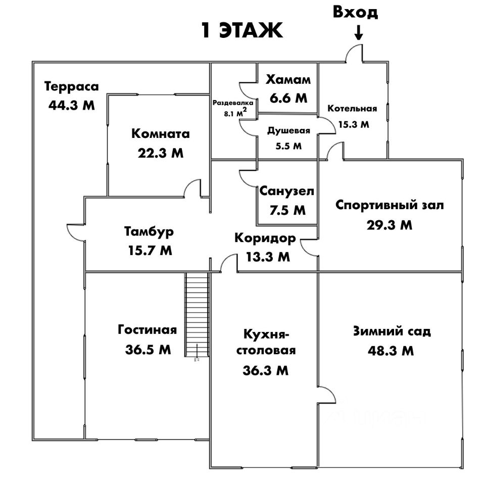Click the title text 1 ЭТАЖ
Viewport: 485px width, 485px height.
241,31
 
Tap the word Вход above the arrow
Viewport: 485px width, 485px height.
355,13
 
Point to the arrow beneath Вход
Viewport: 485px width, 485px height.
358,33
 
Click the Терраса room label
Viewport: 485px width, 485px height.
70,86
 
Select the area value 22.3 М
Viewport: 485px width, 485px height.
161,153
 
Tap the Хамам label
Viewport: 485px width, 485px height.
288,80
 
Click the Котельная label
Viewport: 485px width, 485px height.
352,109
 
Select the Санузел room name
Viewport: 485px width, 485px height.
286,191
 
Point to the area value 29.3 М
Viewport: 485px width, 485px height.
390,225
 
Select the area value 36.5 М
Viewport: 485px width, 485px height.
148,349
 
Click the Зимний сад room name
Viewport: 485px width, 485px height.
392,331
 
